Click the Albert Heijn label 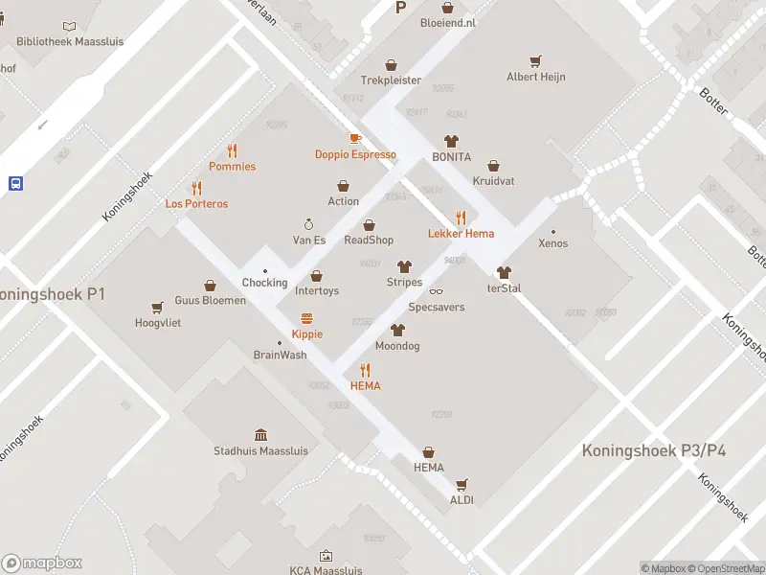(x=536, y=77)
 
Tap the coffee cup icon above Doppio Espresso (x=355, y=139)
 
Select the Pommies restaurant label (x=232, y=166)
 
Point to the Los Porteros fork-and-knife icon (x=196, y=188)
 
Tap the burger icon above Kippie (x=307, y=318)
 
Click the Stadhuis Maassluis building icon (x=260, y=435)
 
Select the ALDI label (x=462, y=499)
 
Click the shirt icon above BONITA (x=451, y=141)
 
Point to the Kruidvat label (x=494, y=180)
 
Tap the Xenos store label (x=552, y=242)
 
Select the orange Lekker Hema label (x=461, y=233)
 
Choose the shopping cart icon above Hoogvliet (x=157, y=308)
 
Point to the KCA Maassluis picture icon (x=326, y=555)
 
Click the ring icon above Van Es (x=308, y=222)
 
